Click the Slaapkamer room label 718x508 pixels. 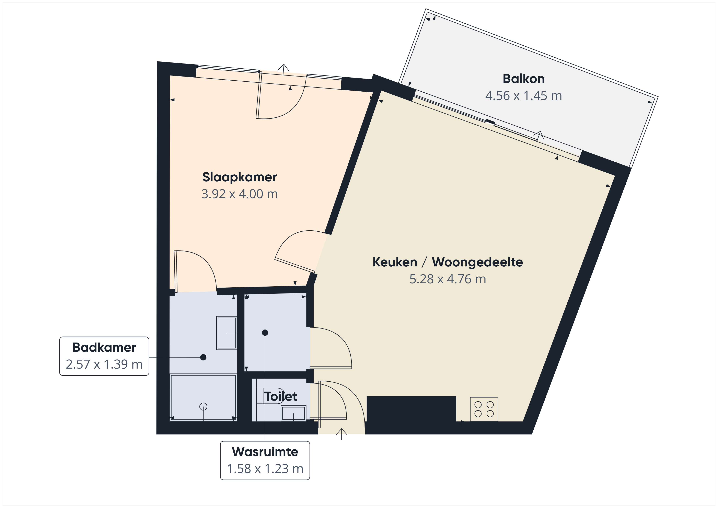240,177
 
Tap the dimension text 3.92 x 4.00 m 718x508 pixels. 240,194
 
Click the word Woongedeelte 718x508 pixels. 477,262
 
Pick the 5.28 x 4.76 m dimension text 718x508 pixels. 448,279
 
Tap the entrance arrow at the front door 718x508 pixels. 341,434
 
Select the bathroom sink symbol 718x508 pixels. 226,333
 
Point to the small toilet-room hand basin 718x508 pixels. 293,413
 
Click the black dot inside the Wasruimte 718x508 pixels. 265,333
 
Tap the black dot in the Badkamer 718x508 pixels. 203,357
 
